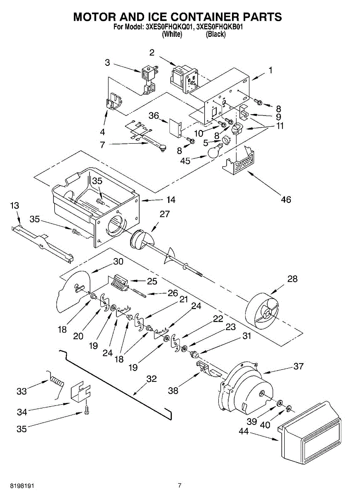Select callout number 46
point(286,200)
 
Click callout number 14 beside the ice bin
point(171,200)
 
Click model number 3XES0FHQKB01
point(219,27)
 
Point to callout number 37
point(298,366)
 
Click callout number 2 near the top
point(152,53)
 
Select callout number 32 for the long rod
point(152,379)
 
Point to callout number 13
point(14,205)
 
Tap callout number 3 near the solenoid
point(107,63)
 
